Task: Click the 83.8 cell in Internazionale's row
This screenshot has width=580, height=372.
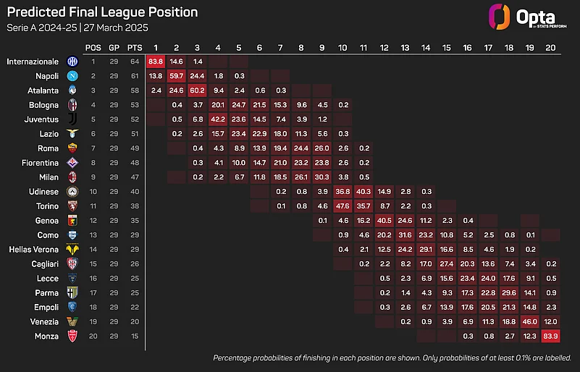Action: click(156, 62)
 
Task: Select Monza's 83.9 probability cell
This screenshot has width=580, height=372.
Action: click(550, 337)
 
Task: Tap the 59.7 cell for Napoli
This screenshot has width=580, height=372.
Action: click(177, 76)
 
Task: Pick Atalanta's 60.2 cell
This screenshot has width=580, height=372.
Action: click(197, 90)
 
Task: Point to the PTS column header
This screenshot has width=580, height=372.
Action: click(135, 47)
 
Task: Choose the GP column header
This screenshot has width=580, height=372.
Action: click(114, 47)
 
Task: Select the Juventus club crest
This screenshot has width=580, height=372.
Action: click(71, 119)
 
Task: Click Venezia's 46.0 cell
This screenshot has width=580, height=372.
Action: click(529, 322)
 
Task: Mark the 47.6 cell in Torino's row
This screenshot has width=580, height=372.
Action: click(342, 206)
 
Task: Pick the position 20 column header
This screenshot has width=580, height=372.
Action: click(550, 47)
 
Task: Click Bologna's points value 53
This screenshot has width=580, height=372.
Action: click(135, 105)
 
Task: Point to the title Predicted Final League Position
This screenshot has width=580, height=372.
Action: click(102, 12)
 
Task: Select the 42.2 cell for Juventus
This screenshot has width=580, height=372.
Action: click(218, 119)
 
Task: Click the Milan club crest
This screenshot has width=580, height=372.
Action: click(71, 177)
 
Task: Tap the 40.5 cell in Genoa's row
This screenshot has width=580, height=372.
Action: click(384, 221)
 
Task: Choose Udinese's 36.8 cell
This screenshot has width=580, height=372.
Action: click(342, 192)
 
